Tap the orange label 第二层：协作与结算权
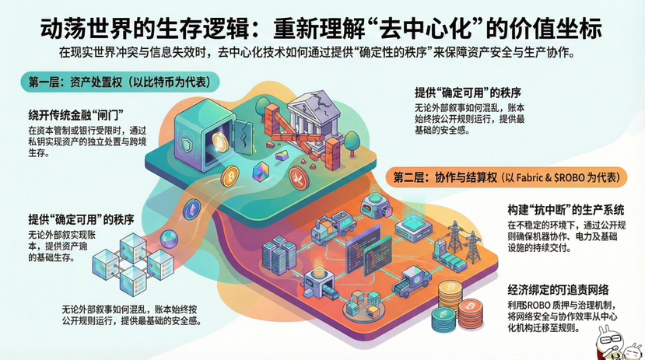(506, 177)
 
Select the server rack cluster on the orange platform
(277, 252)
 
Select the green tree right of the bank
(350, 140)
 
